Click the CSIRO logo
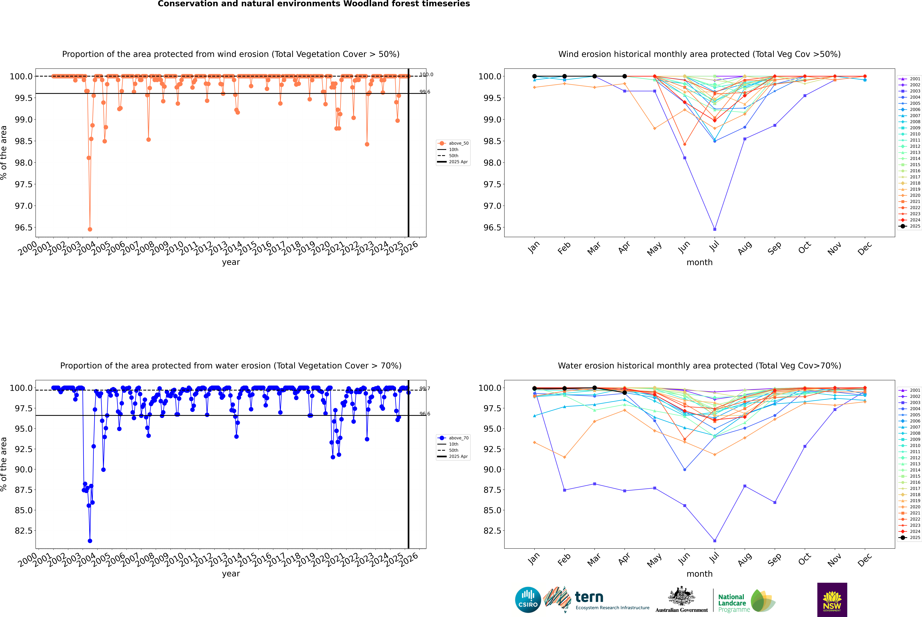point(528,600)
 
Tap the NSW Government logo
point(832,600)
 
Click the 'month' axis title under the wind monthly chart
point(699,263)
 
